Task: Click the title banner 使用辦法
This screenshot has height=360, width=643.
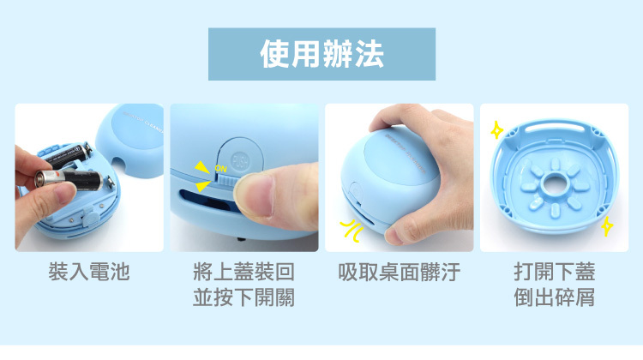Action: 321,54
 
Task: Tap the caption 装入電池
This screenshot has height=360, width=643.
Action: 89,272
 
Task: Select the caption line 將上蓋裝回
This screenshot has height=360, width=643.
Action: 244,272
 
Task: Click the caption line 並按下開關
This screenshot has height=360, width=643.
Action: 244,297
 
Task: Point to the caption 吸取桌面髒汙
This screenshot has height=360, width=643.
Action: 400,272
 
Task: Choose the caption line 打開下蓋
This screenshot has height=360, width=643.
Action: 555,272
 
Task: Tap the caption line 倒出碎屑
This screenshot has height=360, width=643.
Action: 555,297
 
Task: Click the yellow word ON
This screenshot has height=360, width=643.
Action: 220,169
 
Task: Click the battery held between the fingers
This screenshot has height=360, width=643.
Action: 69,180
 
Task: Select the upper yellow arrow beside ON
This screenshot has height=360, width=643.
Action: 202,167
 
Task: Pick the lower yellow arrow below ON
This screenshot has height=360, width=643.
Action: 203,186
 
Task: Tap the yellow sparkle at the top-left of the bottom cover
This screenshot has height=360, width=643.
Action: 497,130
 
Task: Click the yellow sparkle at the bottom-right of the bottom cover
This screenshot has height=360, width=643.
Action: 607,226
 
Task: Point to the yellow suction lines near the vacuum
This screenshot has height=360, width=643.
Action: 352,231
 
